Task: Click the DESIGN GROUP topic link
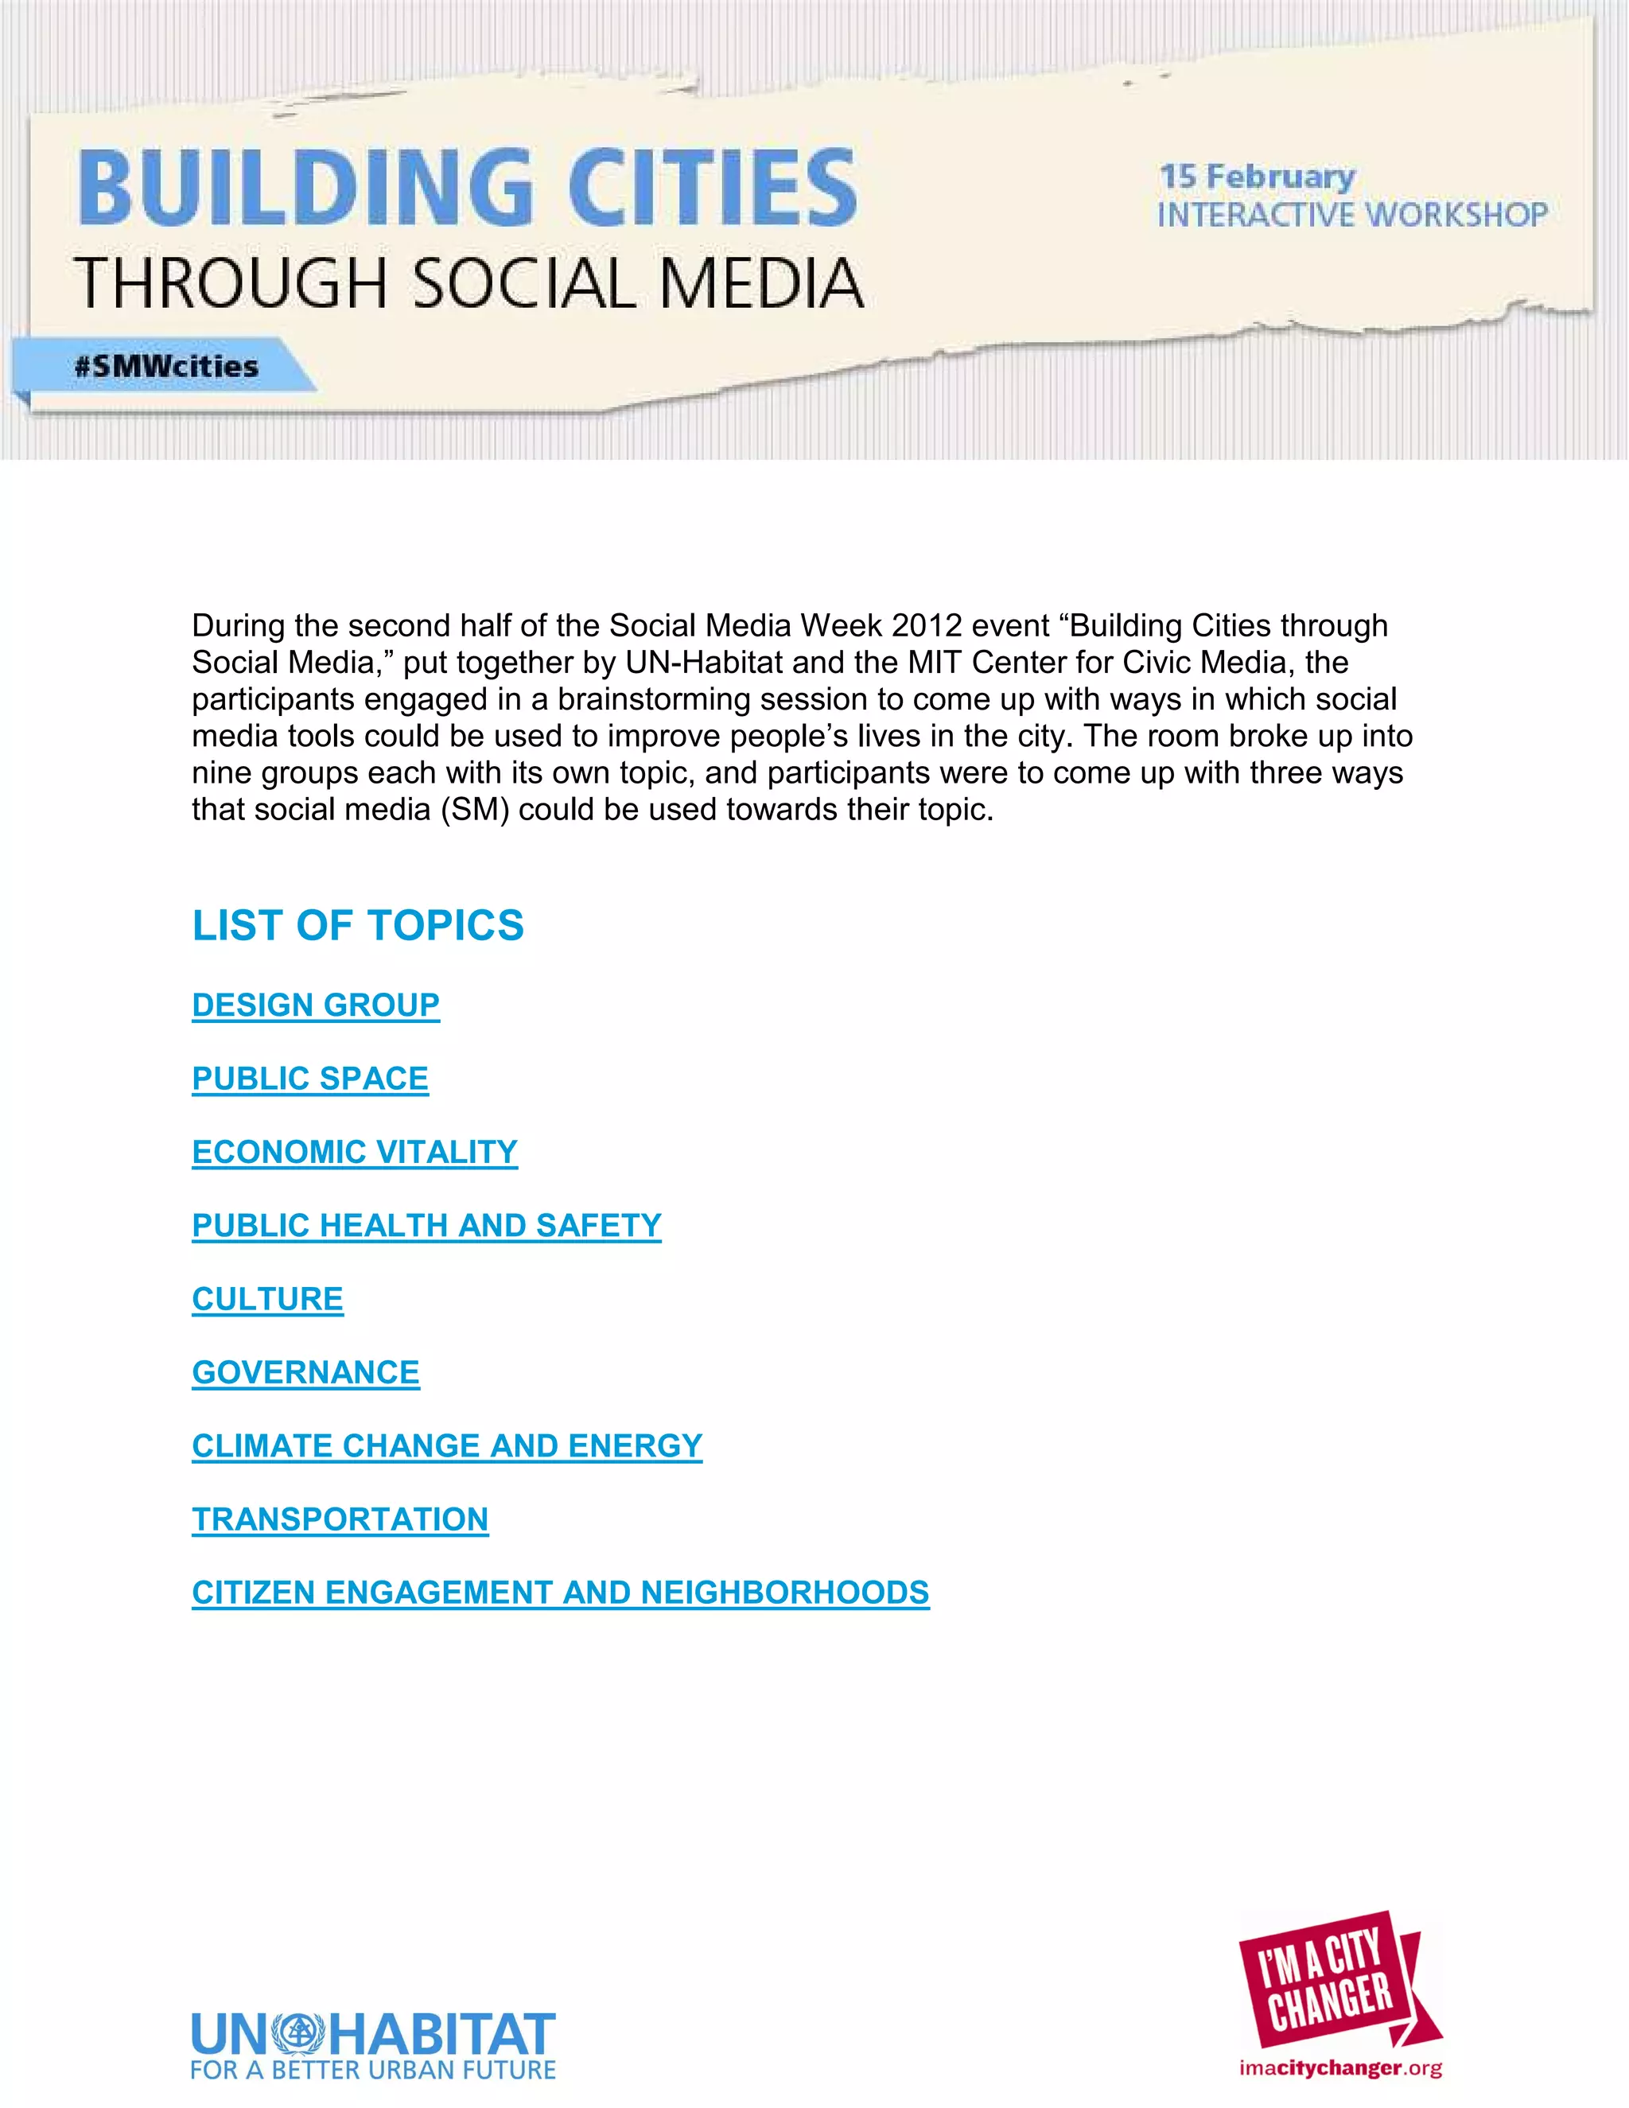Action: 316,1005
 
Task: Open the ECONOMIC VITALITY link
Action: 354,1152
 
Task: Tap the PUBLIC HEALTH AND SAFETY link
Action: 426,1225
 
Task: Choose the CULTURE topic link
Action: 267,1298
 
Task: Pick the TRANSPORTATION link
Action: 340,1519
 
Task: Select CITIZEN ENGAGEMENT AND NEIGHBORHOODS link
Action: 560,1592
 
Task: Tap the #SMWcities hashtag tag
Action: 166,367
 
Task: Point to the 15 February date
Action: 1257,177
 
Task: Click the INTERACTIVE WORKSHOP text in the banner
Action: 1352,216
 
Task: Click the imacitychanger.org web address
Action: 1340,2067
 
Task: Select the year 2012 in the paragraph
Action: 927,625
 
